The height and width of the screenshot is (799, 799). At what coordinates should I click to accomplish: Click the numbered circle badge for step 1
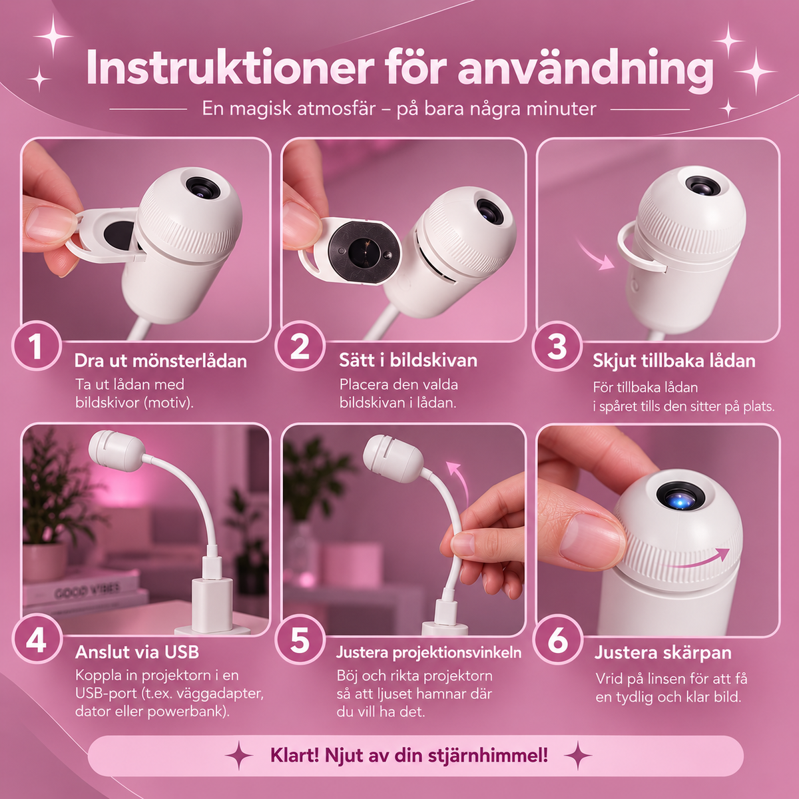37,346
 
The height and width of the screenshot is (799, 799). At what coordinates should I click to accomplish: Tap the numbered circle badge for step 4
37,640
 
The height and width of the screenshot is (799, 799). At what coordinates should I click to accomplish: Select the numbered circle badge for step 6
557,640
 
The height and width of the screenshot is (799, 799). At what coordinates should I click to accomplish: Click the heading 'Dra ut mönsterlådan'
160,361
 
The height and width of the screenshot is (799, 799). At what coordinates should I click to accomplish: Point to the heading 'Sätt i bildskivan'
408,360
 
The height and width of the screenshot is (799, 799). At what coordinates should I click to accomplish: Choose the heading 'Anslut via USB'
137,653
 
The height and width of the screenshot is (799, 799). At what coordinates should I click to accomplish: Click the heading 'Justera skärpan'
663,653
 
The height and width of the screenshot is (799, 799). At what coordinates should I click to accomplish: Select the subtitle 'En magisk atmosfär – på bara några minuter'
399,109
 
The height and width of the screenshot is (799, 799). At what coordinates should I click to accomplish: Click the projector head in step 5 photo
393,458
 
